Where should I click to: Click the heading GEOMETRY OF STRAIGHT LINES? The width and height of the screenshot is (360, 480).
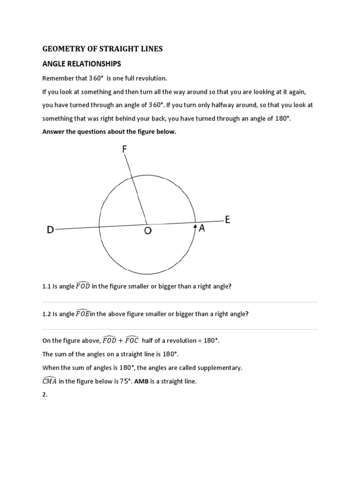[103, 49]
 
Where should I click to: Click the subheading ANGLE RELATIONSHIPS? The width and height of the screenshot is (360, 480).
[82, 64]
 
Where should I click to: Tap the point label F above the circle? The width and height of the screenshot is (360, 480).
[124, 149]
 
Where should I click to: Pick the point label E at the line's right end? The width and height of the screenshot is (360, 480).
[228, 220]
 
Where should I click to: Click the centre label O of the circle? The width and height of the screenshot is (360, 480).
[148, 230]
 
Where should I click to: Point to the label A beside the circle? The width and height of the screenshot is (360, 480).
[202, 228]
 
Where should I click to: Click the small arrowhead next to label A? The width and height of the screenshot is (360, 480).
[195, 227]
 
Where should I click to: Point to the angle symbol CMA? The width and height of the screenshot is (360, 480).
[50, 381]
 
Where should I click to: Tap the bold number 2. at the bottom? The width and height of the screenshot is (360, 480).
[45, 395]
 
